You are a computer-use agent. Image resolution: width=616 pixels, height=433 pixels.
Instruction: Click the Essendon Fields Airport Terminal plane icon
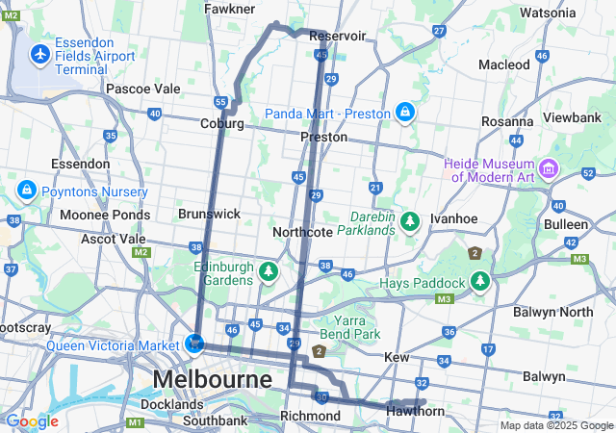point(40,55)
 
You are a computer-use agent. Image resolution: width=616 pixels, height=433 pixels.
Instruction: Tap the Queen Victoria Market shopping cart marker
point(195,344)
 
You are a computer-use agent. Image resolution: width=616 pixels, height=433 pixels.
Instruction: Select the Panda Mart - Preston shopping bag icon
point(406,113)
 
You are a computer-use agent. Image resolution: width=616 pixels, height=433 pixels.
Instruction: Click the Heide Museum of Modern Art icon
point(549,170)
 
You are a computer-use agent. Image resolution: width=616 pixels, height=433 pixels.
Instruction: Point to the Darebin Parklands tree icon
point(411,222)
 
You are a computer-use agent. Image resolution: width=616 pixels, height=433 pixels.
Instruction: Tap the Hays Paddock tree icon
point(479,282)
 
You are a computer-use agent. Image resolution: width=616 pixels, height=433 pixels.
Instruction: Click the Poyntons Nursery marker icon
point(26,188)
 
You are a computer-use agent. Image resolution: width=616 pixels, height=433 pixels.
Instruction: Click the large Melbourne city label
point(212,379)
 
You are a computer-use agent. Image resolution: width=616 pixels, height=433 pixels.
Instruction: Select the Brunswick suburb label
point(209,214)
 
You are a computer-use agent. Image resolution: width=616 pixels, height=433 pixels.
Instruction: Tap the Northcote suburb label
point(302,232)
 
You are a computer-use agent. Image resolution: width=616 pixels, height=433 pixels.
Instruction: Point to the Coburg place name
point(221,123)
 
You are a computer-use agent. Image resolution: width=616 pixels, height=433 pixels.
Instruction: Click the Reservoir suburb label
point(338,36)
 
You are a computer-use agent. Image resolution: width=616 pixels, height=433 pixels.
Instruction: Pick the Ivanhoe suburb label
point(454,218)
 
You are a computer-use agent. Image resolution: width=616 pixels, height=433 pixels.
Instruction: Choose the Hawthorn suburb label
point(415,412)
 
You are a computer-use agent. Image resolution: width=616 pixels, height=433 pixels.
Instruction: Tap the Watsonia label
point(547,13)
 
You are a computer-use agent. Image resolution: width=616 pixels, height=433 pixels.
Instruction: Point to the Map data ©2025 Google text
point(555,425)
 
